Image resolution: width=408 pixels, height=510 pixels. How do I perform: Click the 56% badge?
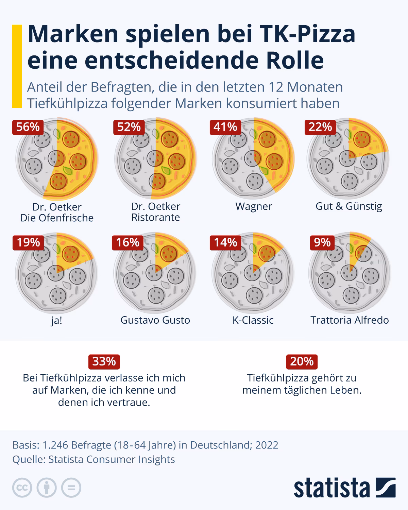point(28,127)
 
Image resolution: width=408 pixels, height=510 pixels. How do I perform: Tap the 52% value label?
point(129,127)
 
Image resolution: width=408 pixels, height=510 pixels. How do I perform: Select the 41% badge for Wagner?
point(225,127)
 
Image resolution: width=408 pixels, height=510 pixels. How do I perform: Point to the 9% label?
point(322,242)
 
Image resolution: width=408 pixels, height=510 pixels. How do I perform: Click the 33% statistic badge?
point(104,361)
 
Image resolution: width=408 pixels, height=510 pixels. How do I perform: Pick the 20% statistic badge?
point(302,361)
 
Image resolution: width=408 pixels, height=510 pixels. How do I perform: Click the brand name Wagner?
point(254,206)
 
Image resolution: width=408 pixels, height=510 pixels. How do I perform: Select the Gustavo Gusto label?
point(155,320)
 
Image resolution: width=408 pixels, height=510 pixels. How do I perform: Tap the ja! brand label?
point(56,321)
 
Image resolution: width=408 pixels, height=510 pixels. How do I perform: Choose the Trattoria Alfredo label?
point(350,320)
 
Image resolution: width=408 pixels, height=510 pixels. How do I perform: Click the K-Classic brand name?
point(253,320)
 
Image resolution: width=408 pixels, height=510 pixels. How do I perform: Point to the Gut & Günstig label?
point(349,206)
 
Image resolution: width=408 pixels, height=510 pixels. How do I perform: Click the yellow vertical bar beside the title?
point(17,66)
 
